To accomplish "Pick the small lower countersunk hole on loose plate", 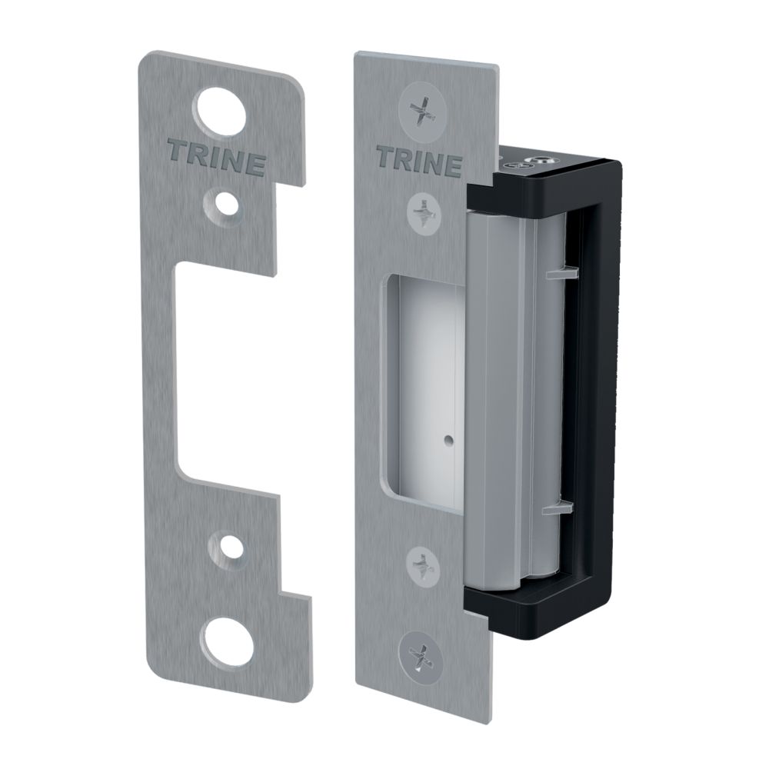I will coord(225,547).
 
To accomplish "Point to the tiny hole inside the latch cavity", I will coord(447,443).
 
